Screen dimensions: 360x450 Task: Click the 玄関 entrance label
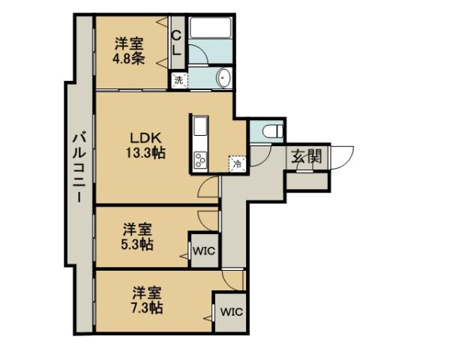tap(306, 157)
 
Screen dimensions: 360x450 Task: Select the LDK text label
tap(145, 139)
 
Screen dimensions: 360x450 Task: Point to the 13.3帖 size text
tap(145, 153)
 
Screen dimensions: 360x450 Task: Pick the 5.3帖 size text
tap(139, 244)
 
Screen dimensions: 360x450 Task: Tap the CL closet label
tap(177, 43)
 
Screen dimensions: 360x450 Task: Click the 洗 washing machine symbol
tap(178, 79)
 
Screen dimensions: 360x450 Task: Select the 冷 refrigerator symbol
tap(236, 163)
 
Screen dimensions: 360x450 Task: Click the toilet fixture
tap(271, 130)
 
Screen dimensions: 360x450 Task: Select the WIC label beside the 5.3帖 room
tap(203, 252)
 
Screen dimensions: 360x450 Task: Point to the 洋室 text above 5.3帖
tap(139, 228)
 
